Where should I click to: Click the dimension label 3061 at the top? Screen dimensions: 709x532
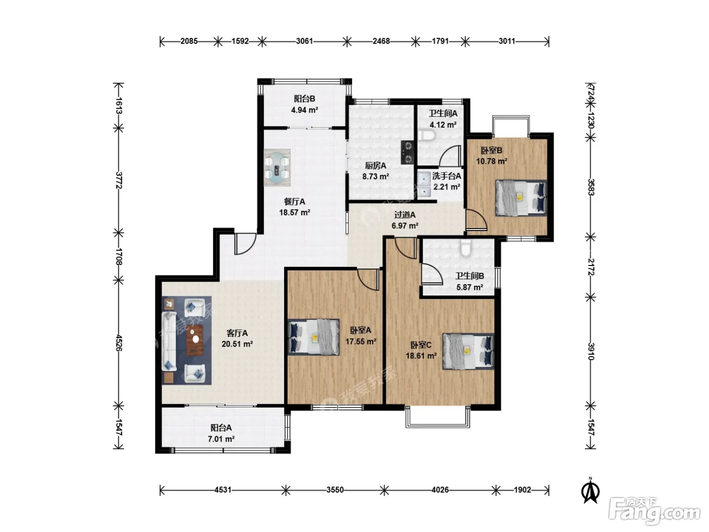(x=304, y=42)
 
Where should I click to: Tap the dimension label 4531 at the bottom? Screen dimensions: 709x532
(x=223, y=490)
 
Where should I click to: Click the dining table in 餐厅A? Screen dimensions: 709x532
(x=277, y=167)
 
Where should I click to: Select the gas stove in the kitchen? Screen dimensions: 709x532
(x=408, y=152)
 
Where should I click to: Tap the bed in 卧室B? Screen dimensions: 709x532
(x=521, y=198)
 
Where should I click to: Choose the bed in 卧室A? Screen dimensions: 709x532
(x=313, y=337)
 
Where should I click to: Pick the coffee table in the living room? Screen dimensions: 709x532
(x=195, y=340)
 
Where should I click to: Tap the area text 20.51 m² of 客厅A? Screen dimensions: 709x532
(x=237, y=344)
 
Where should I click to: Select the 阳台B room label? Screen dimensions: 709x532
(x=304, y=99)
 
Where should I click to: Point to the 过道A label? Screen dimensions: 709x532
(x=405, y=214)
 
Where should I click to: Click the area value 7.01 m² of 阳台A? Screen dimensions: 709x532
(x=221, y=439)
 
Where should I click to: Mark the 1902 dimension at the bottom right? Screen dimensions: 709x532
(x=522, y=490)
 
